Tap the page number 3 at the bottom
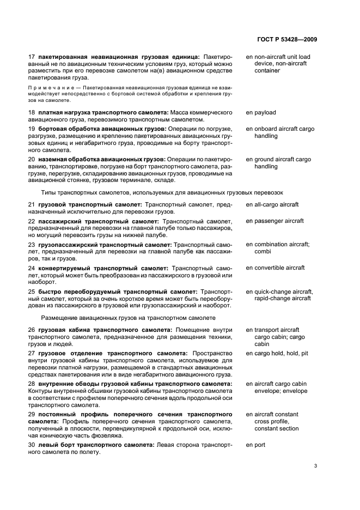coord(316,466)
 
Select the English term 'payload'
coord(265,113)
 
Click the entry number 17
coord(31,56)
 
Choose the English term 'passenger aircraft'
coord(278,221)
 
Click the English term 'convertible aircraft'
coord(279,268)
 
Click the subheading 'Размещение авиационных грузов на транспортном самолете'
coord(128,318)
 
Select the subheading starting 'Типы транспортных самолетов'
coord(162,192)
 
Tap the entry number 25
coord(31,292)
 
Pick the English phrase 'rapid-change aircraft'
coord(283,298)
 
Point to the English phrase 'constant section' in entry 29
coord(277,428)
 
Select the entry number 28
coord(31,384)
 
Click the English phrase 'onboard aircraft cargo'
coord(282,129)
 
